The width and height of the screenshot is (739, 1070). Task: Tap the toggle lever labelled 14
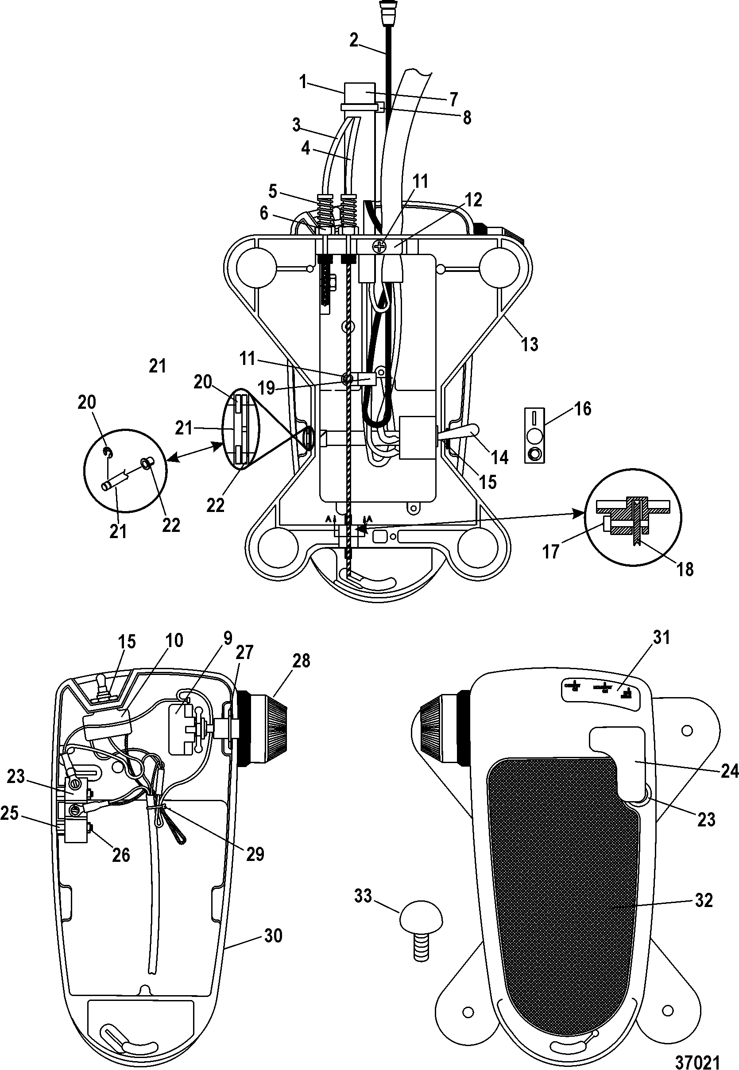point(461,434)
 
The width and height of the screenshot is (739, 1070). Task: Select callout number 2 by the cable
point(354,41)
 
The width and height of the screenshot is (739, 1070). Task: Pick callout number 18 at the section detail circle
point(685,569)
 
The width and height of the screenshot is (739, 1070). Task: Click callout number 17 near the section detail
point(551,551)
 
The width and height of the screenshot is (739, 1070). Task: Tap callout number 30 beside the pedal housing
point(273,936)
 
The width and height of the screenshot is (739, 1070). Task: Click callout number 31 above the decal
point(661,638)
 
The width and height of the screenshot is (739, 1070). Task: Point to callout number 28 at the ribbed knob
point(301,660)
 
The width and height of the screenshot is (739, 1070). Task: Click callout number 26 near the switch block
point(121,855)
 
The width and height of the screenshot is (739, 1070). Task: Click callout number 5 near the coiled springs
point(273,191)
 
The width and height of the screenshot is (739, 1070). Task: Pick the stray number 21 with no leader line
point(158,366)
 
